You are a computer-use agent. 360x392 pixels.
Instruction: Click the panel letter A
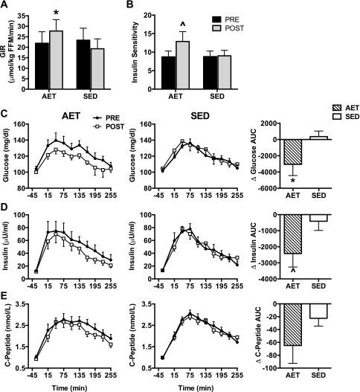click(x=5, y=6)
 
